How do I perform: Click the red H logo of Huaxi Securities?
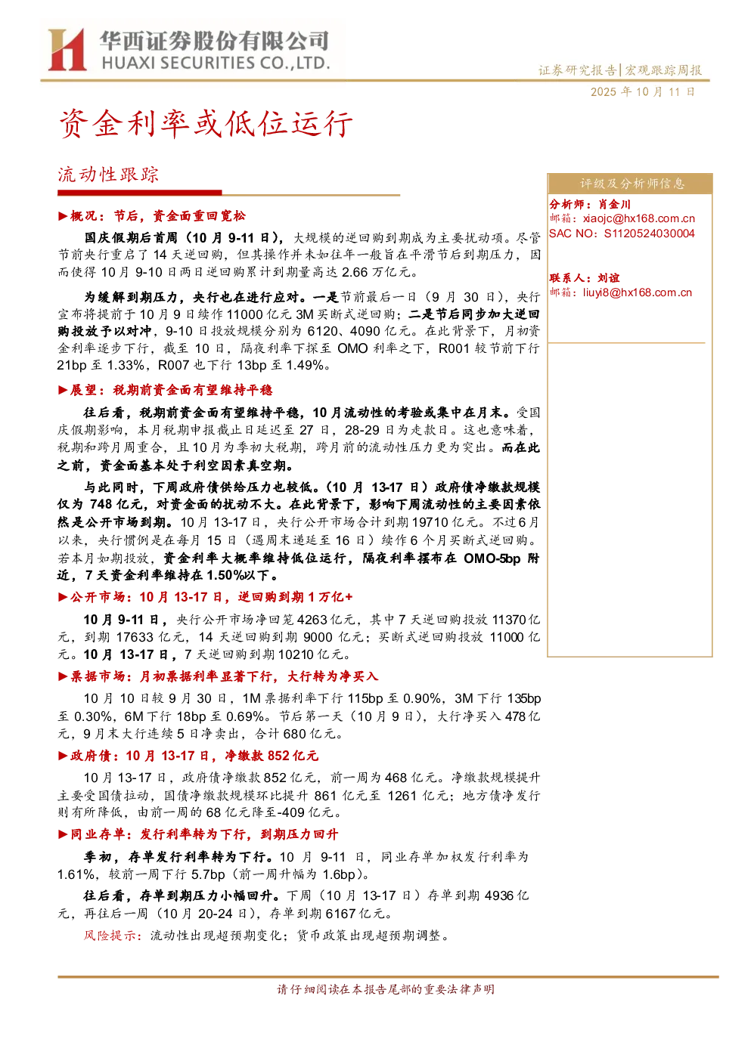click(67, 49)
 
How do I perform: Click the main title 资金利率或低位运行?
click(206, 124)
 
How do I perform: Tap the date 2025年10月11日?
click(642, 91)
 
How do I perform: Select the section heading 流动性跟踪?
click(108, 175)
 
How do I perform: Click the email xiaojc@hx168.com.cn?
click(638, 218)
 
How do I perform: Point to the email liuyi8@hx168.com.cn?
click(638, 292)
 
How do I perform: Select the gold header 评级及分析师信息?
click(632, 184)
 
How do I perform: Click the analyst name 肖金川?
click(614, 204)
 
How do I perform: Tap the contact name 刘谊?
click(609, 278)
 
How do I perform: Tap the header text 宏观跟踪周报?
click(663, 70)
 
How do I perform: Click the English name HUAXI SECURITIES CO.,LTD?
click(216, 63)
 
